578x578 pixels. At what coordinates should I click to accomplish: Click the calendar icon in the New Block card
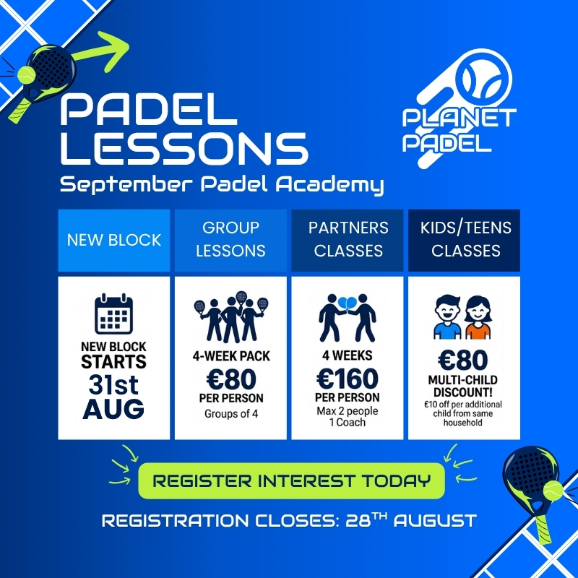(113, 314)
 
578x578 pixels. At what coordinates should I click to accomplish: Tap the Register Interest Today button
(291, 480)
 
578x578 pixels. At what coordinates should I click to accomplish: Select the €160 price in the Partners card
(348, 379)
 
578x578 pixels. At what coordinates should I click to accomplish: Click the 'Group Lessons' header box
(230, 240)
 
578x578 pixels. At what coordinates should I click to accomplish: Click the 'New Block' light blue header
(114, 240)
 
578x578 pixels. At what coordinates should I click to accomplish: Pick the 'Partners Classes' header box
(348, 240)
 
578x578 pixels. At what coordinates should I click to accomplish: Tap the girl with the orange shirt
(478, 318)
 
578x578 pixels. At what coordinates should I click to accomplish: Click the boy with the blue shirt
(447, 317)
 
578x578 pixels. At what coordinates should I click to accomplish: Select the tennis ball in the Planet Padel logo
(483, 79)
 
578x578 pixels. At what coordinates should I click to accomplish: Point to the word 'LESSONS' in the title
(184, 149)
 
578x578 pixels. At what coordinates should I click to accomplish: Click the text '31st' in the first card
(113, 385)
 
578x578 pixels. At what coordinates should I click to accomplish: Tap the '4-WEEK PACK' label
(231, 356)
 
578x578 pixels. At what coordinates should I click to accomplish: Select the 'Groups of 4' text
(231, 413)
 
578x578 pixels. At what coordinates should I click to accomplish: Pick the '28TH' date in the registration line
(366, 519)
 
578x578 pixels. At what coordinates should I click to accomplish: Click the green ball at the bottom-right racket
(553, 491)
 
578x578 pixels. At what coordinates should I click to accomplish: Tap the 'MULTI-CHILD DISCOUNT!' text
(463, 386)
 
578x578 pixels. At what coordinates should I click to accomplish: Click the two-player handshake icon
(348, 318)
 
